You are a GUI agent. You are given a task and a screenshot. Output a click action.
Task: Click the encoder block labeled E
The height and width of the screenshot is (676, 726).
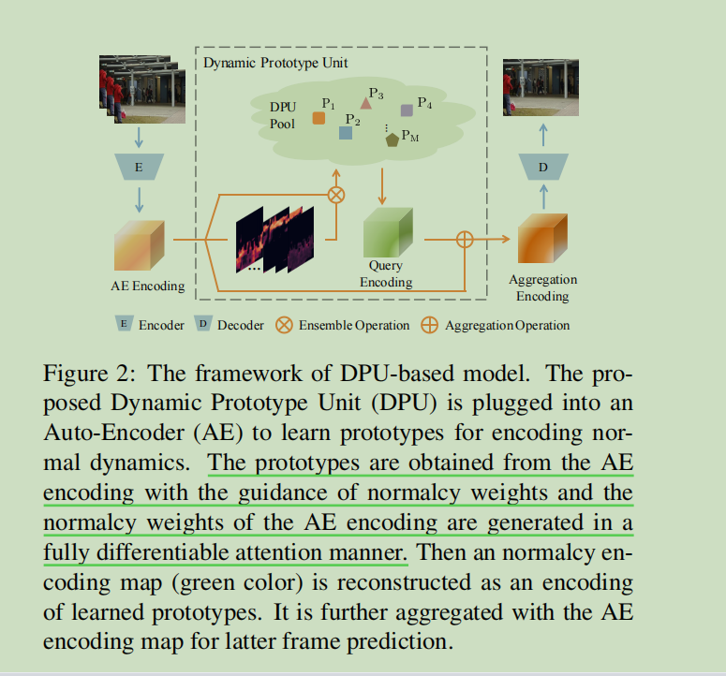click(139, 168)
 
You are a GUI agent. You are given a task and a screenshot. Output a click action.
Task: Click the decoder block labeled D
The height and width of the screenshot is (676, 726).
click(543, 169)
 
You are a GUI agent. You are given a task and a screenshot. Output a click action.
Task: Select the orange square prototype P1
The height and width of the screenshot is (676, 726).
click(319, 119)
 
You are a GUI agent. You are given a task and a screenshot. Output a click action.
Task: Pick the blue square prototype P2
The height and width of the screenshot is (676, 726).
click(346, 133)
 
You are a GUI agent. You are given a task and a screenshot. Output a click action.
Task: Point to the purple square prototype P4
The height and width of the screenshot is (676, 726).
click(407, 110)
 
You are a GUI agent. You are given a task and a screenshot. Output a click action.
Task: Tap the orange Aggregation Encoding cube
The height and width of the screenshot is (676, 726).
click(542, 240)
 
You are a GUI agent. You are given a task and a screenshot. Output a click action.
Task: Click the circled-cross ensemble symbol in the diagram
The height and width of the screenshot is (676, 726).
click(335, 195)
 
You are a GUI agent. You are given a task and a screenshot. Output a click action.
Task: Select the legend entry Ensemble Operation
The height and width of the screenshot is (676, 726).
click(354, 325)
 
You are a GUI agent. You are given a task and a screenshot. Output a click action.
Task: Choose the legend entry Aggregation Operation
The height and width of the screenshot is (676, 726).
click(507, 325)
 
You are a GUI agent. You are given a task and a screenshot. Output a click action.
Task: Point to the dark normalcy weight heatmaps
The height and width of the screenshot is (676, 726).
click(274, 240)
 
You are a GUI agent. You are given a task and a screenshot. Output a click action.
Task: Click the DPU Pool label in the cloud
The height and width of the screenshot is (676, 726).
click(282, 115)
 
